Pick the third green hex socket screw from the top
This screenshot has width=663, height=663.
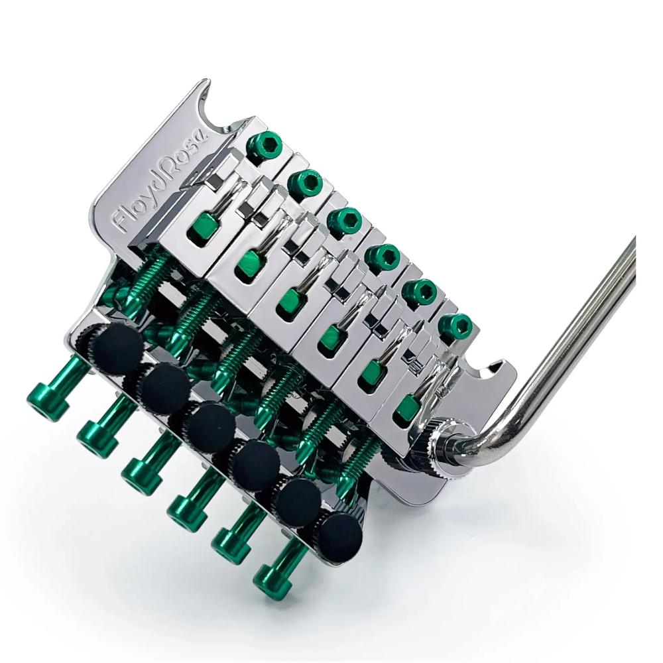(x=344, y=221)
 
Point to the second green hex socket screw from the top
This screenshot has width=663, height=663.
(x=305, y=182)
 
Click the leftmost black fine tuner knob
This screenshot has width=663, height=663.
(x=117, y=348)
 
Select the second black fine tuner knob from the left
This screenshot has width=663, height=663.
(x=164, y=387)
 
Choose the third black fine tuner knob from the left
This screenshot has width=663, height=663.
(x=209, y=427)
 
